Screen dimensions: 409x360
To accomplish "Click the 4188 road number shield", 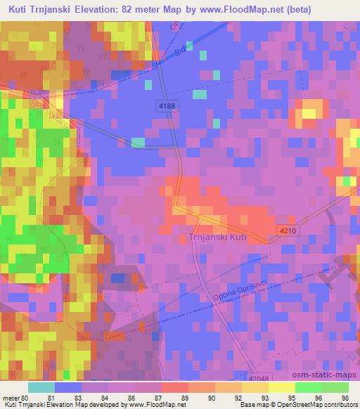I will coord(166,104).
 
